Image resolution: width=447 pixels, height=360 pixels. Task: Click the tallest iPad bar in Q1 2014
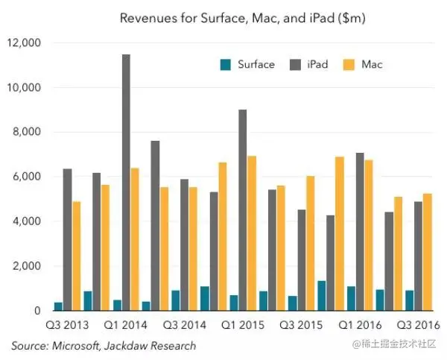(x=126, y=183)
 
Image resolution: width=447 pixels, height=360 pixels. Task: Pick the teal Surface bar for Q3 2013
(x=58, y=306)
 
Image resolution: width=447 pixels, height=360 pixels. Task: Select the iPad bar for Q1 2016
(x=359, y=232)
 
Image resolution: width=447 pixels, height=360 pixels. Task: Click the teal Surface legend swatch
(x=225, y=64)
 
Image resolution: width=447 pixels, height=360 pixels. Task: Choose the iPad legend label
(x=315, y=64)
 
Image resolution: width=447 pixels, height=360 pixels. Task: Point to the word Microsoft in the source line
(x=77, y=345)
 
